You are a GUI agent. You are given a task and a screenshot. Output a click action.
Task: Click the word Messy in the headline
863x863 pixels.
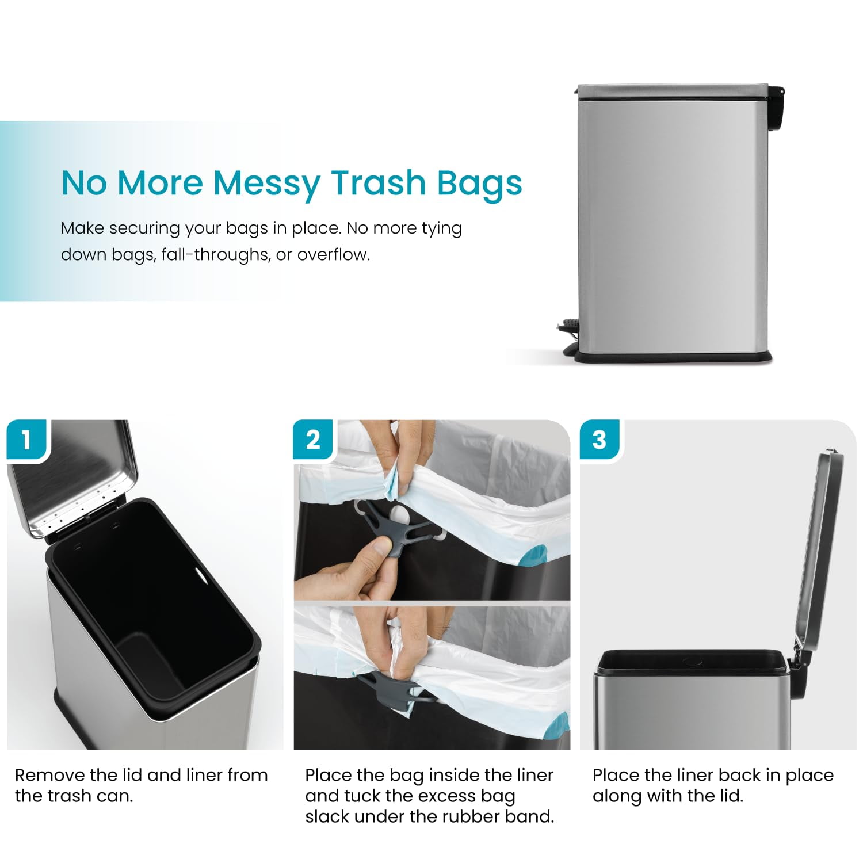[x=267, y=182]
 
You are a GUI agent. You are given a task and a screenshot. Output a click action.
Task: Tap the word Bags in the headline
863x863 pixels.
[x=479, y=182]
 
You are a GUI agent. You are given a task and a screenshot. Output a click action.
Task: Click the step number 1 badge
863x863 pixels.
[x=26, y=440]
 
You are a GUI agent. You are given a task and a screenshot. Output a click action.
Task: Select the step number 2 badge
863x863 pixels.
[x=313, y=440]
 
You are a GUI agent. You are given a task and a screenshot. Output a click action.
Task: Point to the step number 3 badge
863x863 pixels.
[x=599, y=440]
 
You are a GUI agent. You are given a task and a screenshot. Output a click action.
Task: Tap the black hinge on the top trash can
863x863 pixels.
[x=777, y=106]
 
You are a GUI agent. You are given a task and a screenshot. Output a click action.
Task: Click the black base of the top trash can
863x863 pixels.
[x=673, y=357]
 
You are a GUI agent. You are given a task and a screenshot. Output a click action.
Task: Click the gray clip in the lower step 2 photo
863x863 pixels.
[x=391, y=688]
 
